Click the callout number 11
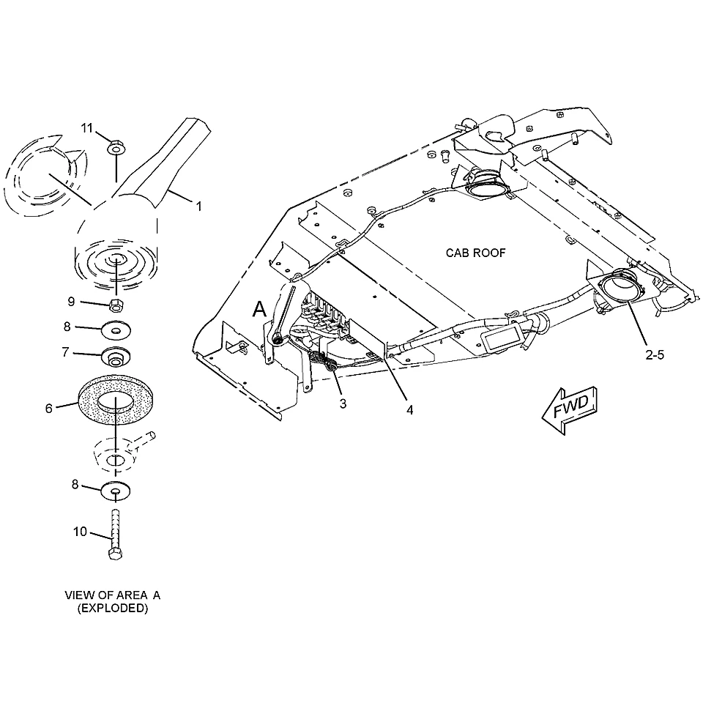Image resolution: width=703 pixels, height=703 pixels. pyautogui.click(x=86, y=128)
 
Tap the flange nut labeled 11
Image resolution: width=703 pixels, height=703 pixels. pyautogui.click(x=116, y=146)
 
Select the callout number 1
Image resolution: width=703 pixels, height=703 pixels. pyautogui.click(x=198, y=207)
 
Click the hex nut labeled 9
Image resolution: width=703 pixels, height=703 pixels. pyautogui.click(x=116, y=305)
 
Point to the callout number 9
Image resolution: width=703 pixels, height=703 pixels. pyautogui.click(x=71, y=302)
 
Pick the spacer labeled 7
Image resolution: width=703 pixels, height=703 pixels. pyautogui.click(x=116, y=357)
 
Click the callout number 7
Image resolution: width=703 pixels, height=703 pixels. pyautogui.click(x=65, y=352)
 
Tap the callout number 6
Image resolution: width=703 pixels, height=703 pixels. pyautogui.click(x=49, y=409)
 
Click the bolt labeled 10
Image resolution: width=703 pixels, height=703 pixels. pyautogui.click(x=116, y=535)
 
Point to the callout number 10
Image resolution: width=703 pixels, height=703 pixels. pyautogui.click(x=80, y=532)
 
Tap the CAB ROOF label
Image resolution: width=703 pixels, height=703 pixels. pyautogui.click(x=475, y=253)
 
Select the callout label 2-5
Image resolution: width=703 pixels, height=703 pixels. pyautogui.click(x=655, y=355)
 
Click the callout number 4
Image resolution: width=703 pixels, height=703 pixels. pyautogui.click(x=410, y=410)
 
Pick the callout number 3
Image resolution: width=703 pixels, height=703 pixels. pyautogui.click(x=343, y=404)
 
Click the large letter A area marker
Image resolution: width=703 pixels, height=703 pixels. pyautogui.click(x=259, y=309)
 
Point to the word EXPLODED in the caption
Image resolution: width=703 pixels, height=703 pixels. pyautogui.click(x=113, y=609)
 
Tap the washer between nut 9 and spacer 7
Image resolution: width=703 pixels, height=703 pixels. pyautogui.click(x=116, y=331)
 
